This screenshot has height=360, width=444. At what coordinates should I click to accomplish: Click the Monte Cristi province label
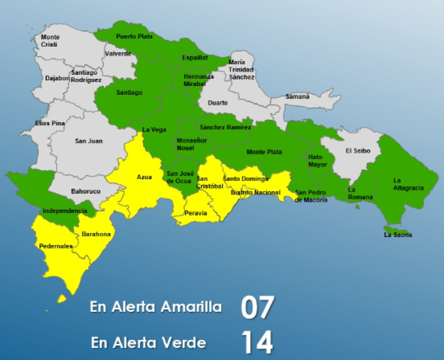(x=51, y=40)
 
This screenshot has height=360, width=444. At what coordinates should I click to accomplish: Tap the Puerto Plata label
(x=134, y=37)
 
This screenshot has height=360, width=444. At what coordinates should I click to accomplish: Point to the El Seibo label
(x=356, y=150)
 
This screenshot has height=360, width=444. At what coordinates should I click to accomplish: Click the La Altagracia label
(x=408, y=184)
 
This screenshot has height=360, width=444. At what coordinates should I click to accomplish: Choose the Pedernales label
(x=56, y=246)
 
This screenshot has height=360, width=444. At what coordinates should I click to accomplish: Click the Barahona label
(x=96, y=235)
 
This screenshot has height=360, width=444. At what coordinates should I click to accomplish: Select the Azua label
(x=144, y=177)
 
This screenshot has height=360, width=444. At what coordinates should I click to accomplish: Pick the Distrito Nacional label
(x=255, y=192)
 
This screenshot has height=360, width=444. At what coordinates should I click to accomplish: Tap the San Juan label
(x=88, y=141)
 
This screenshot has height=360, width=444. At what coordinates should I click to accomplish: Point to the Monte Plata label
(x=264, y=152)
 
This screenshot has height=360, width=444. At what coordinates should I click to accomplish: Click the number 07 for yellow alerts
(x=258, y=307)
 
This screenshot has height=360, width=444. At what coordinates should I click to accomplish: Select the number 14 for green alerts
(x=258, y=343)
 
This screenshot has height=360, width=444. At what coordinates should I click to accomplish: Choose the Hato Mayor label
(x=319, y=161)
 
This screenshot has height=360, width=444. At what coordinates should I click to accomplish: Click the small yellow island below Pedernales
(x=62, y=299)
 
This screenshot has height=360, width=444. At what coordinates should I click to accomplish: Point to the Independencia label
(x=65, y=211)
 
